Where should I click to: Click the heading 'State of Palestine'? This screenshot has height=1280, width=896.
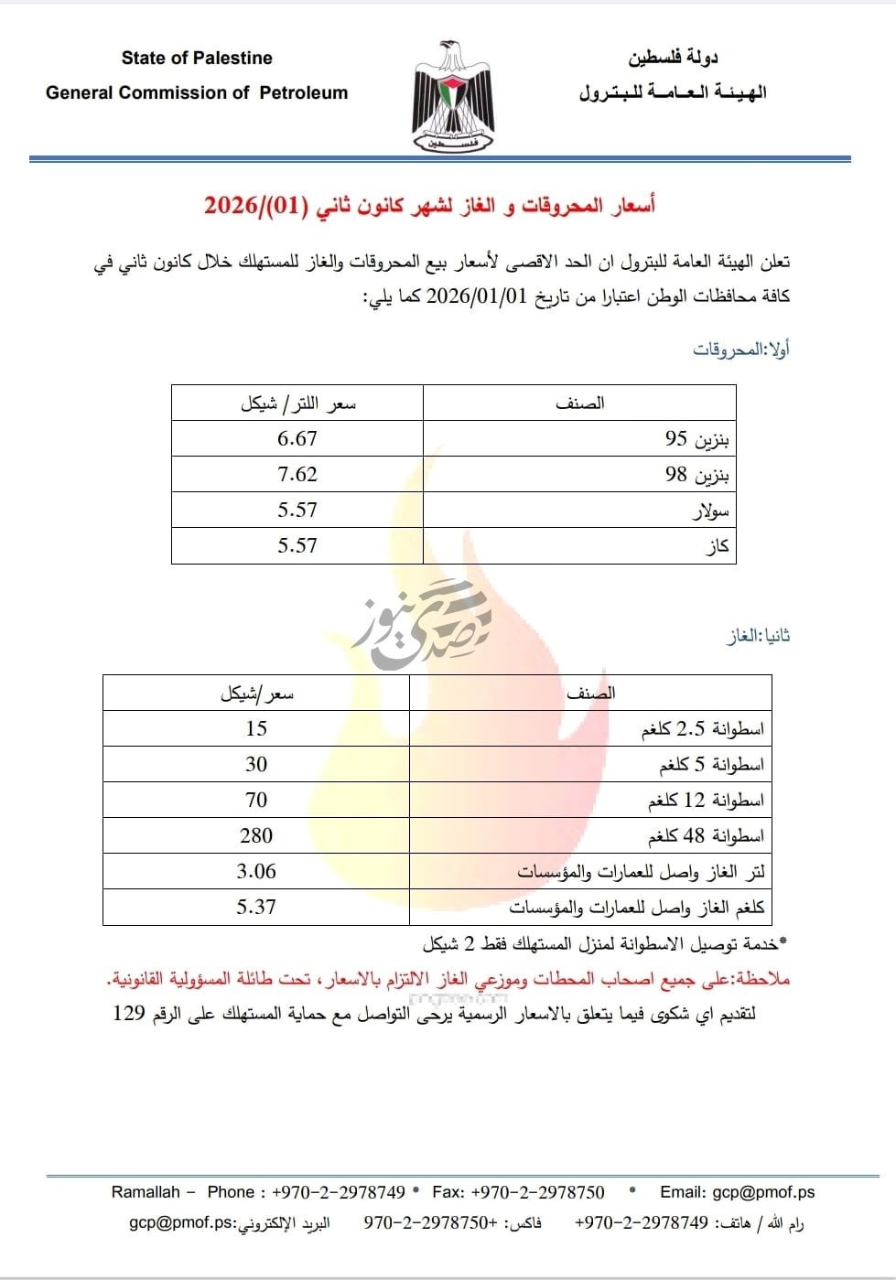(x=197, y=58)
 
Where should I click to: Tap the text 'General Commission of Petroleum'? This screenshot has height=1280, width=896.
(x=197, y=92)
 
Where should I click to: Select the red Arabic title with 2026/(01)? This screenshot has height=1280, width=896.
(x=429, y=205)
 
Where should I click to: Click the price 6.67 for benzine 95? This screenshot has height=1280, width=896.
(x=297, y=438)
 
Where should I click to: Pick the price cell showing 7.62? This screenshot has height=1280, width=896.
(x=297, y=474)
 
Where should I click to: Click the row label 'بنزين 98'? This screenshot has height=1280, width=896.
(x=697, y=475)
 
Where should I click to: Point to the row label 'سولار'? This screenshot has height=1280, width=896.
(x=710, y=511)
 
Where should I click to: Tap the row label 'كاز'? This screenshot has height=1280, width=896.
(x=718, y=546)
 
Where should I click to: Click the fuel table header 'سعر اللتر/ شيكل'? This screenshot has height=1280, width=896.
(x=297, y=403)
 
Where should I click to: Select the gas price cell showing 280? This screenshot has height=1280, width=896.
(x=256, y=835)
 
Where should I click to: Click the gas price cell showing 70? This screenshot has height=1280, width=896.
(x=256, y=800)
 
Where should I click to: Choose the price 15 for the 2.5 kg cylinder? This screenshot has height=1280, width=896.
(x=256, y=728)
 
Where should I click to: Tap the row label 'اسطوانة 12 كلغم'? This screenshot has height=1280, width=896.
(x=706, y=801)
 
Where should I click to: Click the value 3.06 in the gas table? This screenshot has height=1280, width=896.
(x=256, y=871)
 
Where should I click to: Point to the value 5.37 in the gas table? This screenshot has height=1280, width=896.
(x=256, y=907)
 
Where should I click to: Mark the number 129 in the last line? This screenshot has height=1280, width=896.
(x=129, y=1014)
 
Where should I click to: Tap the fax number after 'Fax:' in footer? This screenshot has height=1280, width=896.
(x=538, y=1191)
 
